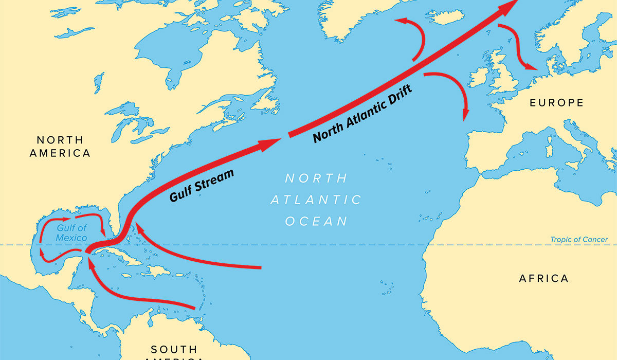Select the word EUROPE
[x=557, y=103]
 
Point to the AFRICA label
[x=543, y=279]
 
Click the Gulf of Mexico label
[x=72, y=233]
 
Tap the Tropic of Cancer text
[x=579, y=240]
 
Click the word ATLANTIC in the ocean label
[x=316, y=200]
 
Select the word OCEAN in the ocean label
[x=316, y=222]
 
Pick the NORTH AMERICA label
[x=60, y=146]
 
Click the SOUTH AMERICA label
[x=174, y=349]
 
